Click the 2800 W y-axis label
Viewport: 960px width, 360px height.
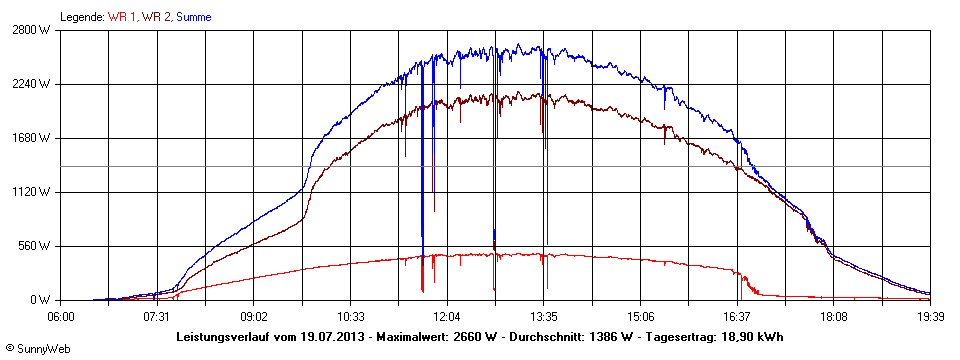(34, 30)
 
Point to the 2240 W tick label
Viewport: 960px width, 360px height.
(34, 84)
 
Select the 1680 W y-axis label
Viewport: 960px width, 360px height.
(34, 138)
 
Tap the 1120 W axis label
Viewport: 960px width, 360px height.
(34, 192)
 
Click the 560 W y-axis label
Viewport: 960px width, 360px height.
(37, 246)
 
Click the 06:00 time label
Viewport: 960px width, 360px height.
(60, 315)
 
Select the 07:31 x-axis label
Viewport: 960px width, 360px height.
(155, 315)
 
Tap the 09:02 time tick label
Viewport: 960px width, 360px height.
(253, 315)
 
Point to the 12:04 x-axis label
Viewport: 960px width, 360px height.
(447, 315)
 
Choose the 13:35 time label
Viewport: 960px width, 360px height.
(543, 315)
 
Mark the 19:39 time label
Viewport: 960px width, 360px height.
(930, 315)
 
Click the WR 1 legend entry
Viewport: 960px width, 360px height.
(122, 17)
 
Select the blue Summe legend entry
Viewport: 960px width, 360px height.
(194, 17)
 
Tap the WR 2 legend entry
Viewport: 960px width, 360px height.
(156, 17)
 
